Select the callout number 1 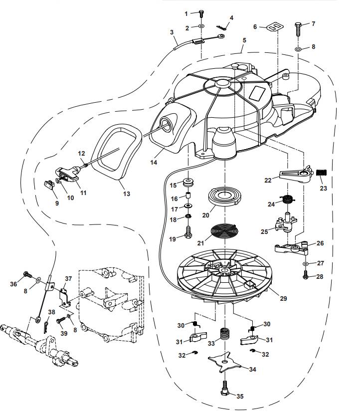[x=186, y=13]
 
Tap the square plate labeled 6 [x=273, y=26]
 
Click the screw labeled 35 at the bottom [x=225, y=388]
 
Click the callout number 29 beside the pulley [x=284, y=298]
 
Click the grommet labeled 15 [x=189, y=181]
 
